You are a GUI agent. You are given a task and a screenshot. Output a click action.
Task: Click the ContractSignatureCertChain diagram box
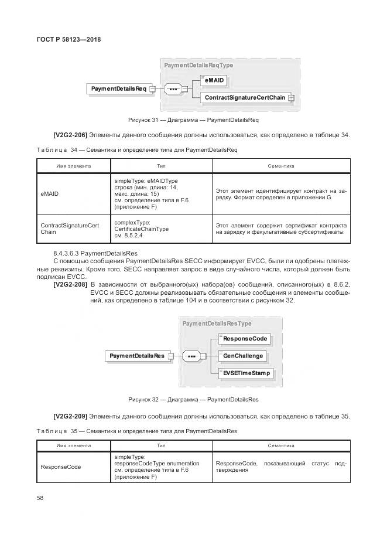tap(245, 98)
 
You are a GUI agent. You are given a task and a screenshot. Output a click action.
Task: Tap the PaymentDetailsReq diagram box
tap(118, 89)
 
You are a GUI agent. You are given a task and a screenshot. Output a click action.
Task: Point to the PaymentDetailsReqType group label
tap(198, 66)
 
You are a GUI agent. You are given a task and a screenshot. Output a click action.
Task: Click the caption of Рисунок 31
tap(193, 120)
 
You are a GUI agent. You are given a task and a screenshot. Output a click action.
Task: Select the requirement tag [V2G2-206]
tap(70, 135)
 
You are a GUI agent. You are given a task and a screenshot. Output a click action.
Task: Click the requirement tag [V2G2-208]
tap(70, 284)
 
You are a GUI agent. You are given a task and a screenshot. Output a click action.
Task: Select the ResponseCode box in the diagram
tap(244, 339)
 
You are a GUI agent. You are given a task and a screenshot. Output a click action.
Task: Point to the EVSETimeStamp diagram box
tap(246, 372)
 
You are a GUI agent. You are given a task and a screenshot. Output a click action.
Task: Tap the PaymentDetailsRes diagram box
tap(136, 356)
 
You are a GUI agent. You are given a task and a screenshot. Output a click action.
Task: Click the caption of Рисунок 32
tap(193, 400)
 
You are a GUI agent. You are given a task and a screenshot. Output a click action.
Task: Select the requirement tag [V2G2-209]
tap(70, 416)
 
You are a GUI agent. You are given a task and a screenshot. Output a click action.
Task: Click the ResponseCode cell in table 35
tap(60, 467)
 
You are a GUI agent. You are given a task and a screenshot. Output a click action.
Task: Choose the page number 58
tap(40, 498)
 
